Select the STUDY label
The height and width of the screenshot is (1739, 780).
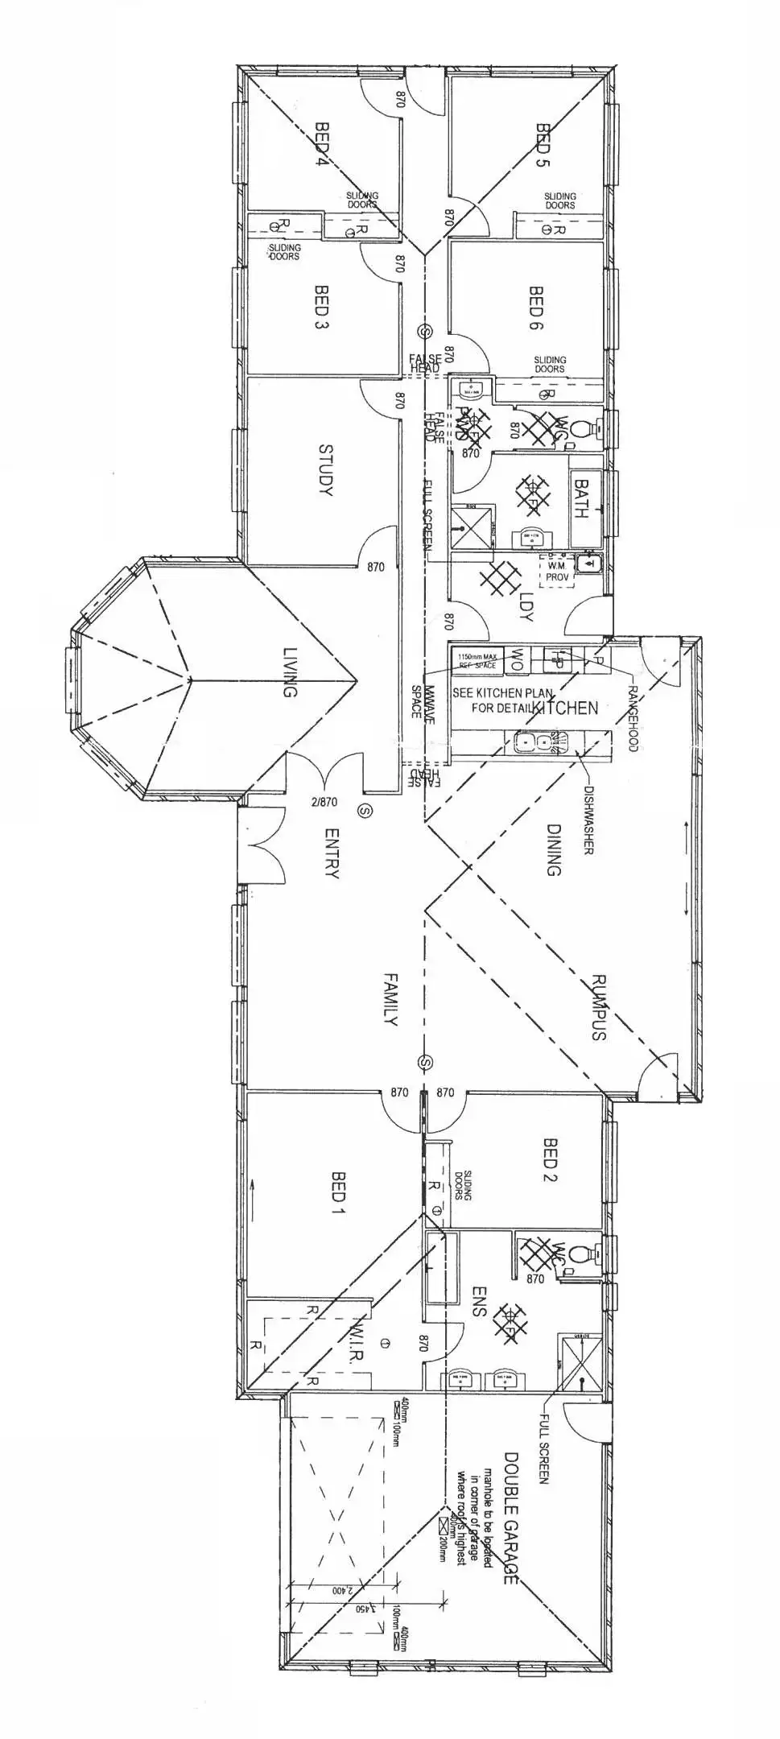click(x=326, y=469)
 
